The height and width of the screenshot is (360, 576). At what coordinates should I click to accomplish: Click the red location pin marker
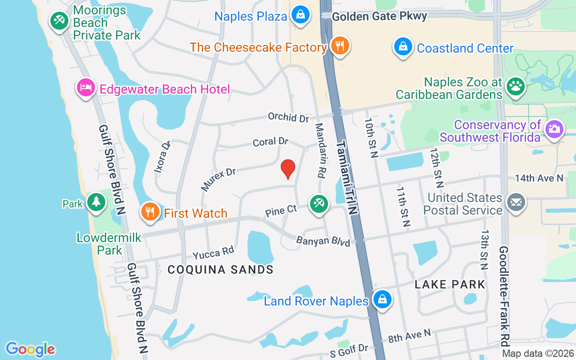coord(288,169)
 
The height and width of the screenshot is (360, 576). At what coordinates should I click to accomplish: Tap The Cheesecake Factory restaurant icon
coord(340,45)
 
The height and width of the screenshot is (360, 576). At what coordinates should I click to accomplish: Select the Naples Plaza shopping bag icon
coord(300,14)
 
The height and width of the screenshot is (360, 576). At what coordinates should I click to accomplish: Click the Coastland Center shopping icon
coord(403,46)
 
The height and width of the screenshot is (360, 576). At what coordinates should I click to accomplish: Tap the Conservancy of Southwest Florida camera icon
coord(554,129)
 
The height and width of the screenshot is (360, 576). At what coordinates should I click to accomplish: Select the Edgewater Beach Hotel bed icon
coord(85,87)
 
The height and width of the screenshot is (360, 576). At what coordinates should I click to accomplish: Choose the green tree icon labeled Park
coord(96,202)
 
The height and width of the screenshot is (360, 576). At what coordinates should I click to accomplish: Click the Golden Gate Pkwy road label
coord(379,16)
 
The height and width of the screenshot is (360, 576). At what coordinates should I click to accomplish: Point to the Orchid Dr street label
coord(288,117)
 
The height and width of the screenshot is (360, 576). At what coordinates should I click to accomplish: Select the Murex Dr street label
coord(219,179)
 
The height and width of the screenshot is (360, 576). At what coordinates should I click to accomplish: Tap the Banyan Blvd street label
coord(323,242)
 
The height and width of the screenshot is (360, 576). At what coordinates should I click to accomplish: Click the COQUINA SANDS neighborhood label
coord(220,270)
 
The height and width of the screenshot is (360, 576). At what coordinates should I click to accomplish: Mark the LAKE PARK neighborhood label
coord(450,284)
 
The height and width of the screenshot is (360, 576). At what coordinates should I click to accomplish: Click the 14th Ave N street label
coord(539,178)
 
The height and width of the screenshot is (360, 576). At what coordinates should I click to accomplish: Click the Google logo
coord(31,349)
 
